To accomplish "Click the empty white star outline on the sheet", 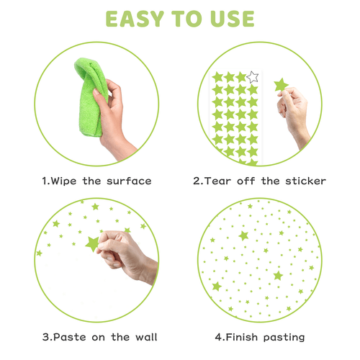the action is coord(253,77).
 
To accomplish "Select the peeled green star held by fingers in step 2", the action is coord(281,85).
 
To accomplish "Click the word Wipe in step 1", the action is coord(64,181).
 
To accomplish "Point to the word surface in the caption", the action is coord(129,181).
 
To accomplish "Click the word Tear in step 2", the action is coord(218,181).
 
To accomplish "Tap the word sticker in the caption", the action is coord(306,181).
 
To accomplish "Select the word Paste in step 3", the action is coord(70,337).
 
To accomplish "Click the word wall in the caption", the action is coord(146,337).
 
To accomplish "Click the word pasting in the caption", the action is coord(284,338).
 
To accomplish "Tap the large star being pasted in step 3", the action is coord(92,243).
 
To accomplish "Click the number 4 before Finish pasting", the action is coord(218,337).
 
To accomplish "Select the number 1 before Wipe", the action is coord(45,181).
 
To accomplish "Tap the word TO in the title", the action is coord(186,19).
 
